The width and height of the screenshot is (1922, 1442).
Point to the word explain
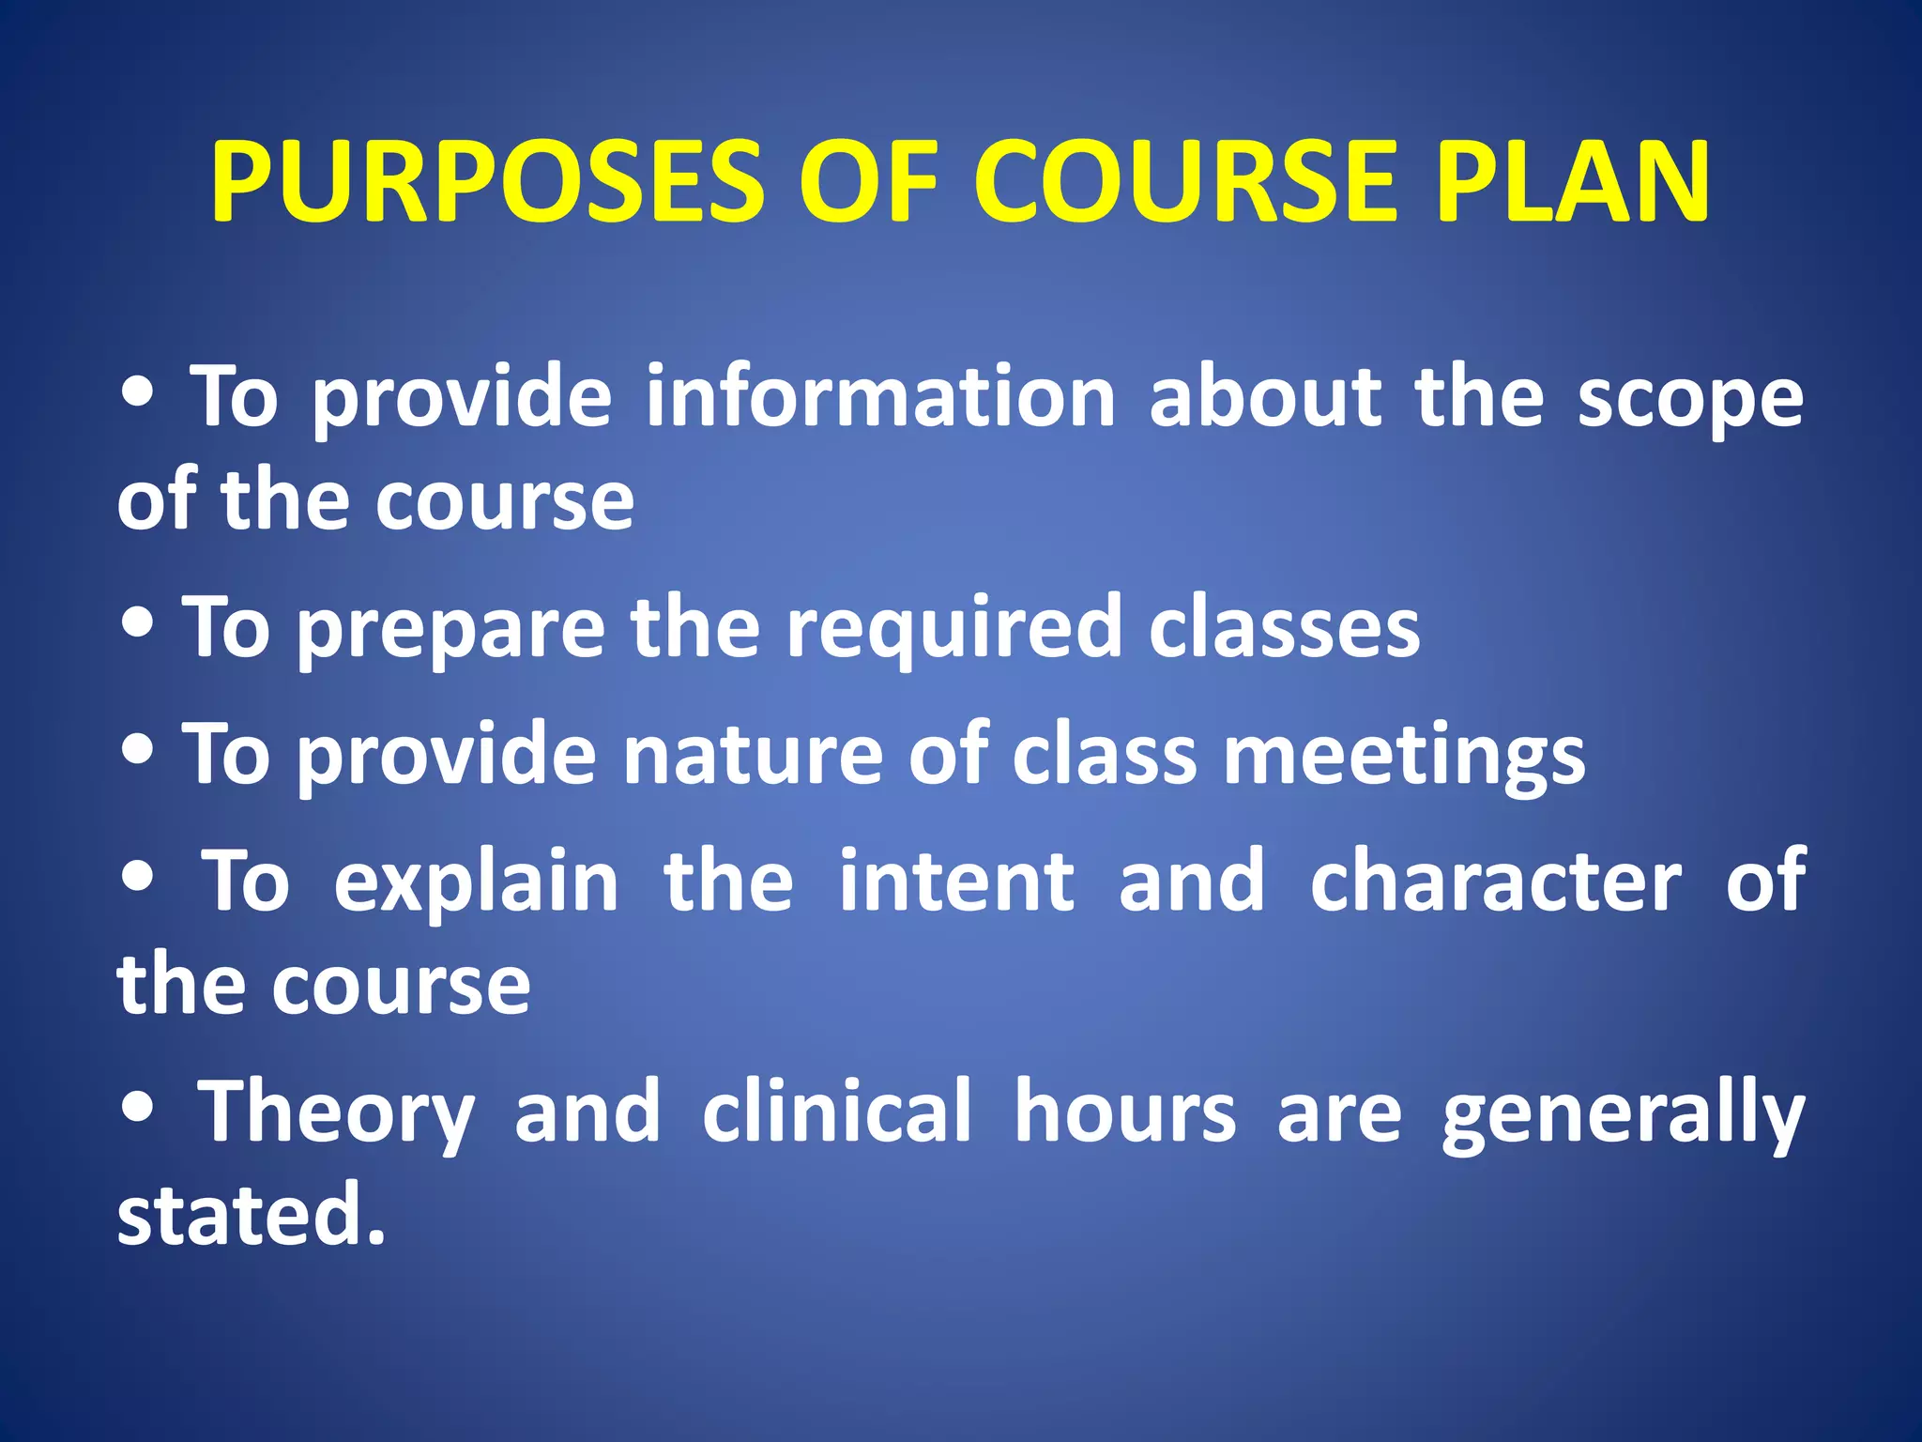pyautogui.click(x=476, y=882)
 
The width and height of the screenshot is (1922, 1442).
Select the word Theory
pyautogui.click(x=335, y=1113)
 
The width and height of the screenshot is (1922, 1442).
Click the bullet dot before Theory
pyautogui.click(x=138, y=1107)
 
